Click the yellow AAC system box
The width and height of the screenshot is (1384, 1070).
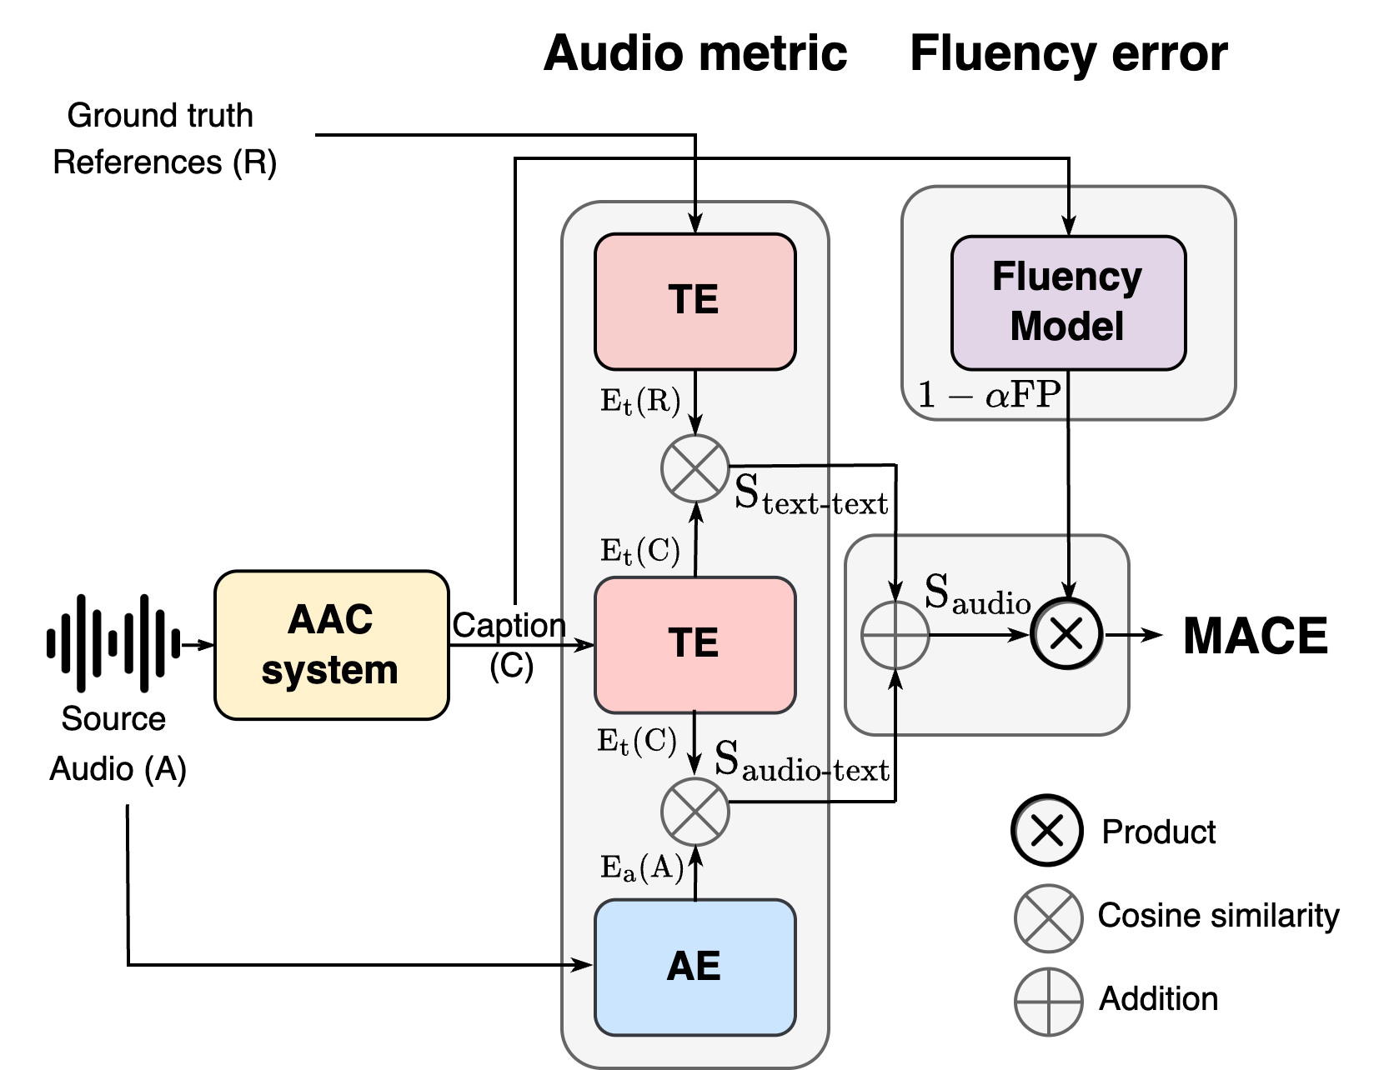click(331, 644)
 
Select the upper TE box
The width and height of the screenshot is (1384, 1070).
click(695, 301)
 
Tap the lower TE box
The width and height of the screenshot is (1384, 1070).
click(695, 644)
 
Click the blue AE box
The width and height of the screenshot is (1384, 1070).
click(695, 967)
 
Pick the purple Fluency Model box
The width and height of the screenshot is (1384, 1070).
click(1068, 302)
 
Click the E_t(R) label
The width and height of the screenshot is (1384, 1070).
click(640, 402)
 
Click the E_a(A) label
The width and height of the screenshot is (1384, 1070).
click(642, 868)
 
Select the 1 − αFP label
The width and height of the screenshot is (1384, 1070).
click(989, 394)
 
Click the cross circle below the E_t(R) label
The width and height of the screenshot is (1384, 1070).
click(695, 468)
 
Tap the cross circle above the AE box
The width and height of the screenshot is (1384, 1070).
click(695, 812)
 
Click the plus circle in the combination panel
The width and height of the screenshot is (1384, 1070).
click(895, 635)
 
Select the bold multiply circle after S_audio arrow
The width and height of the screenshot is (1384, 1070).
click(1067, 635)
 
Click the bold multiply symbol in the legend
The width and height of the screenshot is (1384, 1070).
click(1048, 831)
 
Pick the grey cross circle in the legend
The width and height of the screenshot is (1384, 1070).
click(1048, 918)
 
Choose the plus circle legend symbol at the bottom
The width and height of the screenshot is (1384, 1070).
click(1048, 1002)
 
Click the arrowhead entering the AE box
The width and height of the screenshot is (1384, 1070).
click(585, 965)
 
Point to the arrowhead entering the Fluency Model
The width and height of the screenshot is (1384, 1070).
click(1069, 227)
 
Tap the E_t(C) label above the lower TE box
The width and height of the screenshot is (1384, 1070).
click(640, 551)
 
